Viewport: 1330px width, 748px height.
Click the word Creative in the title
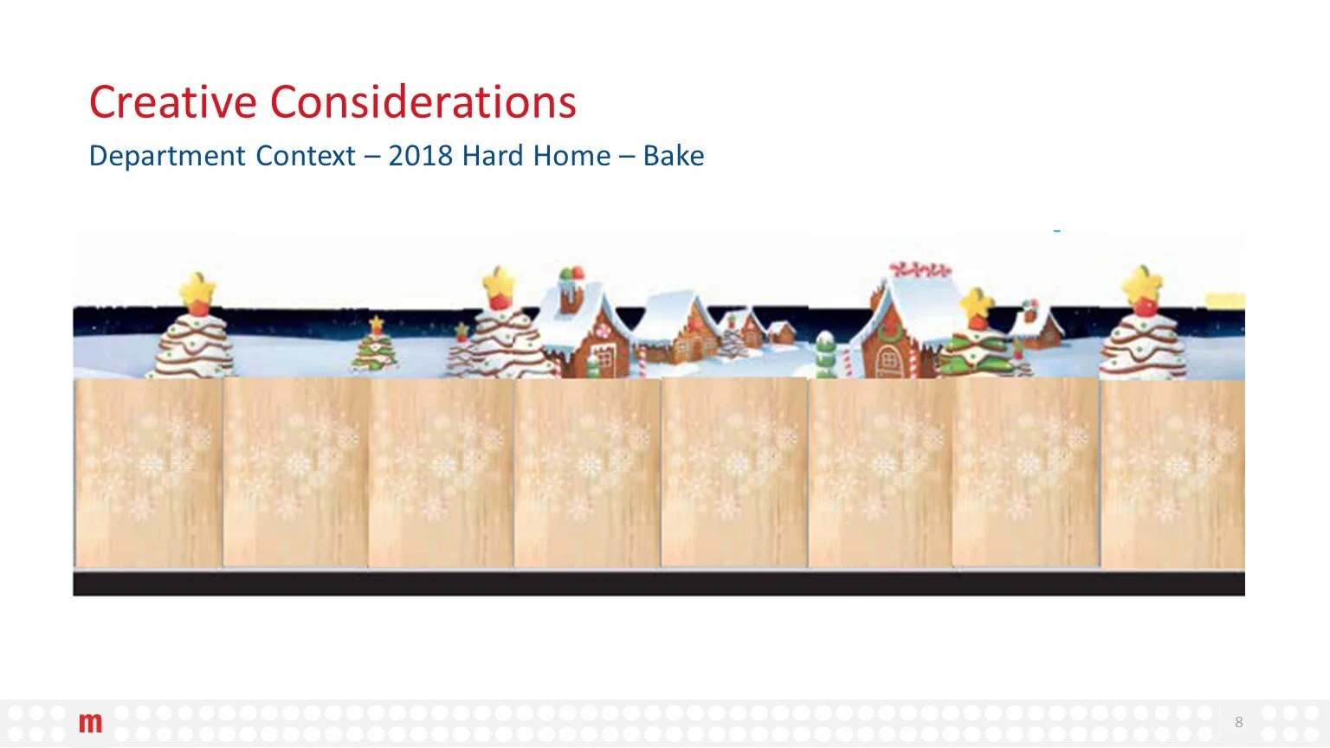173,102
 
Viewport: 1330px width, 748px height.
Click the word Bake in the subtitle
673,156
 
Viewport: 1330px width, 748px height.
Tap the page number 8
1238,722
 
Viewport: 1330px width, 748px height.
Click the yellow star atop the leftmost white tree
197,287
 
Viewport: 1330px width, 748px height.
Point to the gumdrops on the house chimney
571,274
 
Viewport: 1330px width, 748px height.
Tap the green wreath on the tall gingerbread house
890,329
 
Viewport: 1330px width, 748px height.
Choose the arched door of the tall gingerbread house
889,361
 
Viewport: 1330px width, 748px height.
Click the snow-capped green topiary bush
826,354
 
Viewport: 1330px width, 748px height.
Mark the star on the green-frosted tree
978,303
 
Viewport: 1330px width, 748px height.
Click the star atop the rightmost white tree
1142,285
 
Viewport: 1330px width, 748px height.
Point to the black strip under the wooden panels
658,583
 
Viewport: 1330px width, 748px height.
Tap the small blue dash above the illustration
1056,231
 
